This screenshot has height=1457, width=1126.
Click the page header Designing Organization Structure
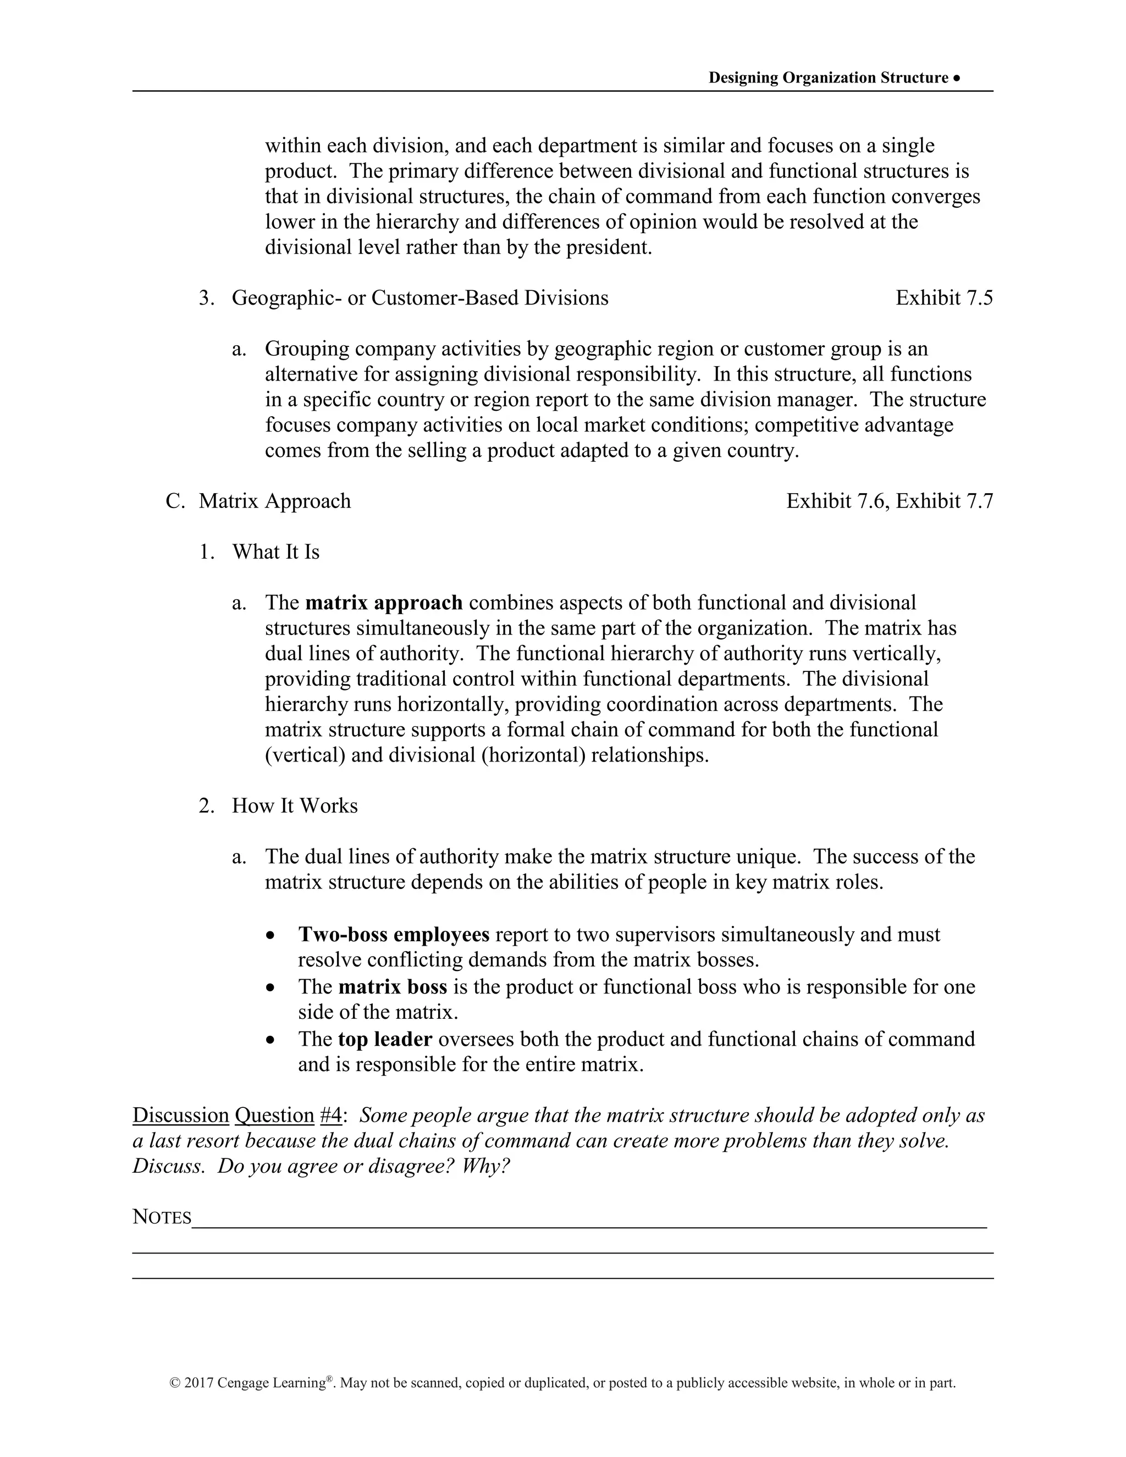pos(828,78)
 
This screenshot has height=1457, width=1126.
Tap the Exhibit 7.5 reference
pos(943,297)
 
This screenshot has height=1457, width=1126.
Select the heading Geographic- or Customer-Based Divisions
pos(420,297)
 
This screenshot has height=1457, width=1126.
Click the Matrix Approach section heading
pos(274,501)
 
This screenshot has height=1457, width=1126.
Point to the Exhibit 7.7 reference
pos(944,501)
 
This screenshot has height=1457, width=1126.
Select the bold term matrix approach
pos(384,603)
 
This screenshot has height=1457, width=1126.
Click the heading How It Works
pos(294,806)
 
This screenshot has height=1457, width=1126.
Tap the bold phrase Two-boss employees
pos(394,935)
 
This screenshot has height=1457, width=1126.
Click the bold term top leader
pos(385,1039)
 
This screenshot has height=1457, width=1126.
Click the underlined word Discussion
pos(181,1116)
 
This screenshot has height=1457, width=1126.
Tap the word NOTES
pos(162,1217)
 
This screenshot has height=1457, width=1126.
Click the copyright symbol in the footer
pos(175,1383)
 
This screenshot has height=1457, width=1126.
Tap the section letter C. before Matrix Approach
pos(175,501)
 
